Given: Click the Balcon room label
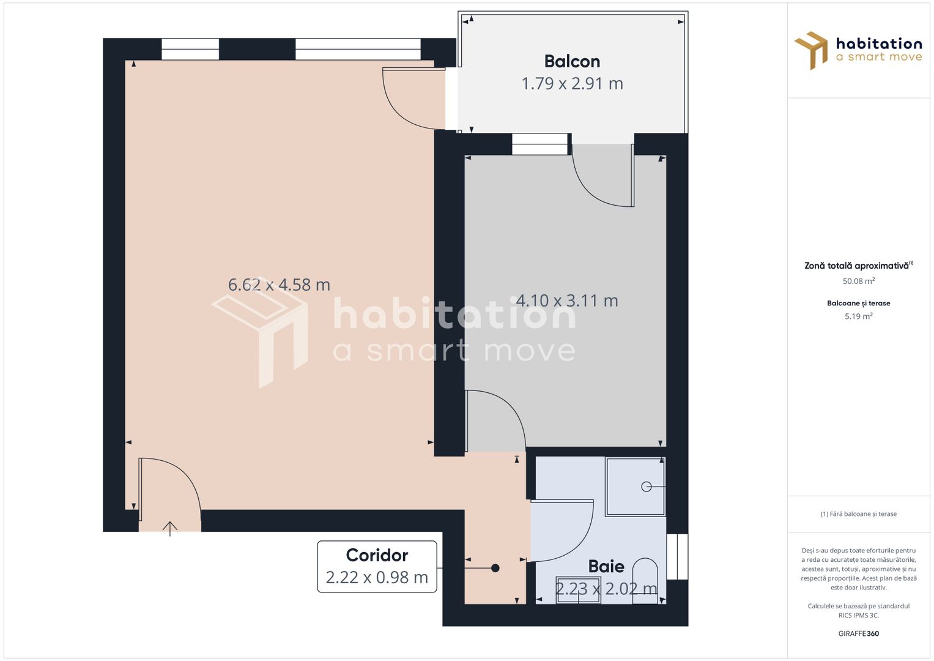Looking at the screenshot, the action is point(572,62).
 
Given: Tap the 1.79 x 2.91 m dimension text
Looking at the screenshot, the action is point(572,84).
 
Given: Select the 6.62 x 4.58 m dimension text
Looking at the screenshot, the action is point(279,285).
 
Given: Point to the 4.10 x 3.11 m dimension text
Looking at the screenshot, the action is point(566,301).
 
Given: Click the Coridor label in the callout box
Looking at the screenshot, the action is point(377,556).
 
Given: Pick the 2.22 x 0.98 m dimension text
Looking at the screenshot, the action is point(377,578).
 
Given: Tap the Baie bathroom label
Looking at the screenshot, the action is point(606,567).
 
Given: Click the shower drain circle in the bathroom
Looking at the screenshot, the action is point(647,487).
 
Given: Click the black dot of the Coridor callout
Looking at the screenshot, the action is point(495,568).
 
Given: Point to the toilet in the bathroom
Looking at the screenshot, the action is point(645,580).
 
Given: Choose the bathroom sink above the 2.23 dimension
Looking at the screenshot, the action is point(579,590).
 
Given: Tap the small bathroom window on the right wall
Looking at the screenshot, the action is point(677,557).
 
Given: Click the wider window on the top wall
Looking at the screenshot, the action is point(358,49).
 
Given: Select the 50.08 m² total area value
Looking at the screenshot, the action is point(859,281).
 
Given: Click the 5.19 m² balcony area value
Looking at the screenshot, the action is point(859,316).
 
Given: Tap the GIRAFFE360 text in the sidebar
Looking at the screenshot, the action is point(859,633).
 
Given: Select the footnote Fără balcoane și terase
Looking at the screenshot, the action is point(859,514).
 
